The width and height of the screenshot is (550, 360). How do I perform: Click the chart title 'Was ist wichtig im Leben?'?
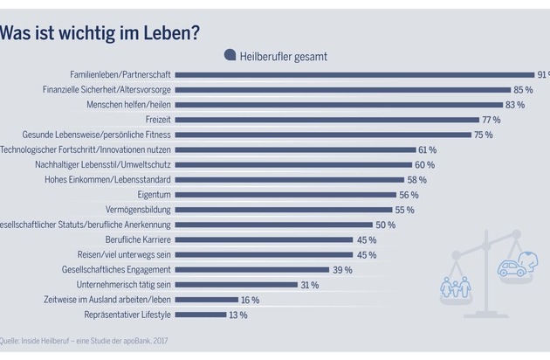[x=100, y=33]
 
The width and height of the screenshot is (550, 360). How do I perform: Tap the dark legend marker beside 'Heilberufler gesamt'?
[x=230, y=55]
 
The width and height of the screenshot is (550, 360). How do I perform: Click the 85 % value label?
[x=524, y=90]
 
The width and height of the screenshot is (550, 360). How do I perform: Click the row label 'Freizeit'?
[x=158, y=120]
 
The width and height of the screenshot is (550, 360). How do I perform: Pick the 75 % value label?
[x=484, y=135]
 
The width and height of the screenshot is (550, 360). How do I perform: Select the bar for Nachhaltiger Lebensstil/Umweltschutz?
[x=296, y=164]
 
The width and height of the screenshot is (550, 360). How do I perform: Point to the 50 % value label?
[x=385, y=225]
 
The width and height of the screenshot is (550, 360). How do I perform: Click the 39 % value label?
[x=342, y=269]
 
